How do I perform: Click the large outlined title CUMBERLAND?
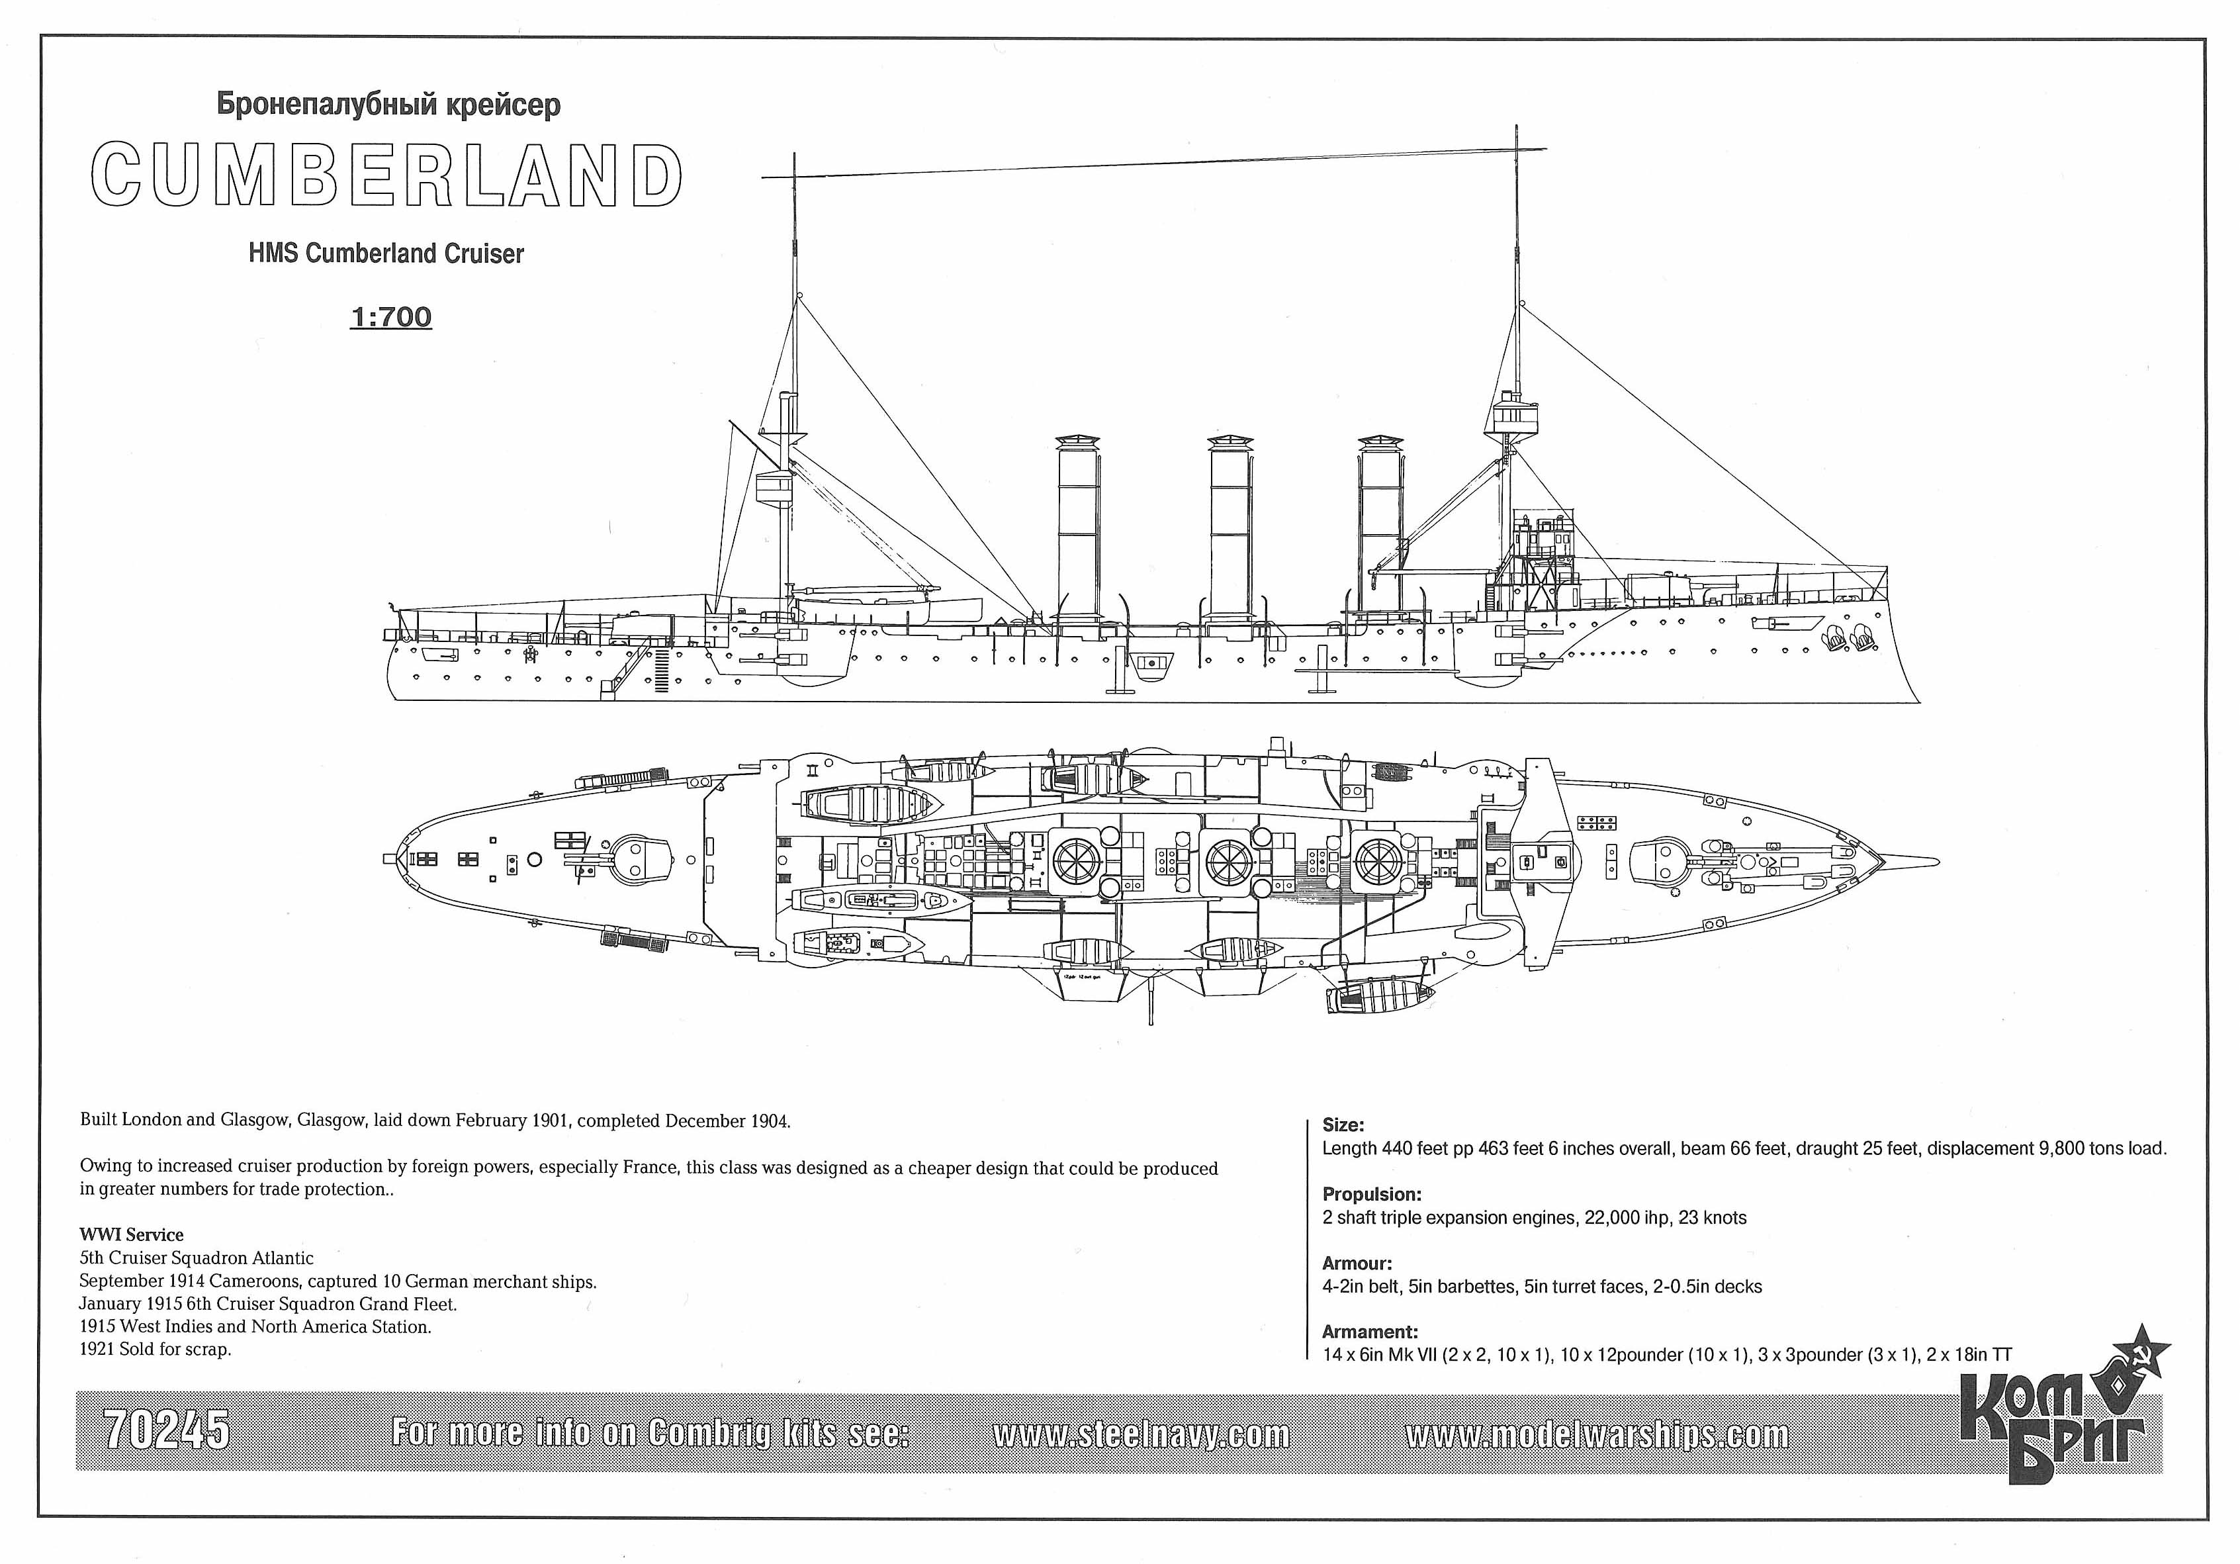coord(387,175)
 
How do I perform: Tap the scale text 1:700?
coord(390,317)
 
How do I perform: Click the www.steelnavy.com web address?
coord(1142,1434)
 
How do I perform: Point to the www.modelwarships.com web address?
coord(1598,1434)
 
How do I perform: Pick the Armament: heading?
coord(1370,1332)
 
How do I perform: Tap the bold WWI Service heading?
coord(132,1234)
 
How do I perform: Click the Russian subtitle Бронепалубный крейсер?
coord(388,105)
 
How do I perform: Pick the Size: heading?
coord(1343,1125)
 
